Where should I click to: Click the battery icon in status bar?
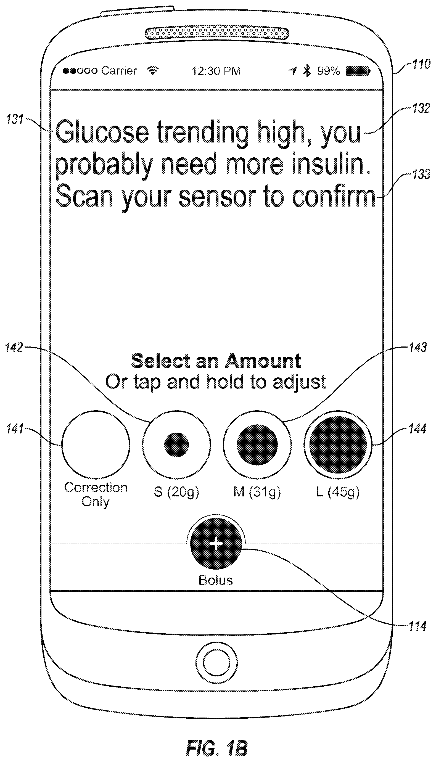tap(358, 71)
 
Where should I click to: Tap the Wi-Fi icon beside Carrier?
tap(153, 71)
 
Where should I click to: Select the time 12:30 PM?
tap(216, 71)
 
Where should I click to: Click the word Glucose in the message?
tap(102, 132)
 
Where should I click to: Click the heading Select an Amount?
tap(216, 361)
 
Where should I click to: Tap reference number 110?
tap(421, 64)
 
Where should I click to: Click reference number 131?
tap(15, 120)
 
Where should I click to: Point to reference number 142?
tap(14, 347)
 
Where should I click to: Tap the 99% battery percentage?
tap(329, 71)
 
